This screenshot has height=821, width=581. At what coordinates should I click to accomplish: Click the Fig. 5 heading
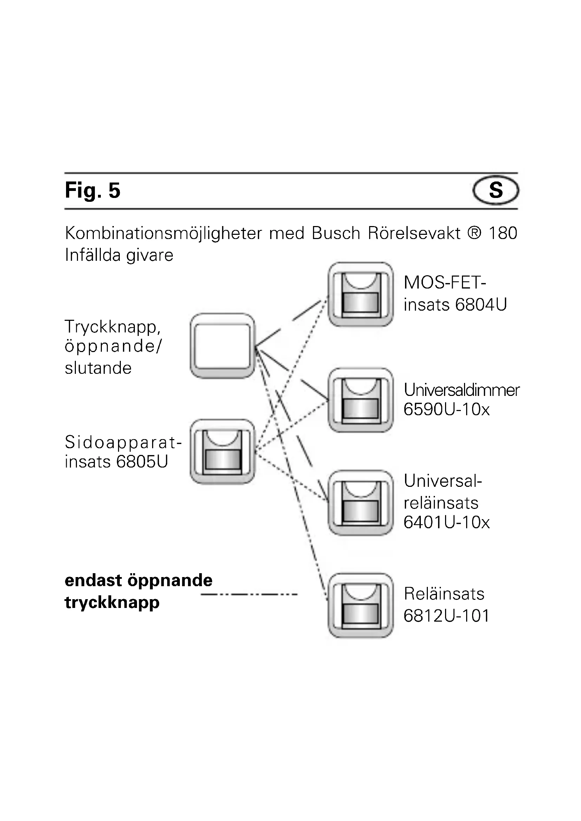[92, 190]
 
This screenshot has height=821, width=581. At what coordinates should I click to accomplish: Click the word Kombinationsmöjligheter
[163, 233]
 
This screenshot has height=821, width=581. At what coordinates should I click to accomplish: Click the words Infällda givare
[119, 255]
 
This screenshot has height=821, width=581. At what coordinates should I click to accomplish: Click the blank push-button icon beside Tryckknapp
[222, 346]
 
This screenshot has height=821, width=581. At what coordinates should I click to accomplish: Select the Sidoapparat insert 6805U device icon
[222, 452]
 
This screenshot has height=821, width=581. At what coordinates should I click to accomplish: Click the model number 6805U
[142, 462]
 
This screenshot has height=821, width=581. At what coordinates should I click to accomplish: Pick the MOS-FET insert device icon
[361, 294]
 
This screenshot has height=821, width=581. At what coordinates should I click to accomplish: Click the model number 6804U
[481, 305]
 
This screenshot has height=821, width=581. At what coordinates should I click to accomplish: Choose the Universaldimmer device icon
[361, 400]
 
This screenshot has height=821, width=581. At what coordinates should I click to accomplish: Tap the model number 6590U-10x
[446, 409]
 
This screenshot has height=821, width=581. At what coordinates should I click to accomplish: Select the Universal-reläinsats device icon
[361, 503]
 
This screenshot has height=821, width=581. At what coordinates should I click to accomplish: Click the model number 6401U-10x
[446, 522]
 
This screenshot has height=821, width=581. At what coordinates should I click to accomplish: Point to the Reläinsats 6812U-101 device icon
[361, 605]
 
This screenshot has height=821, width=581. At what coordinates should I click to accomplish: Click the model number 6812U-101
[446, 616]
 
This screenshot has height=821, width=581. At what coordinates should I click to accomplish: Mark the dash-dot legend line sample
[249, 594]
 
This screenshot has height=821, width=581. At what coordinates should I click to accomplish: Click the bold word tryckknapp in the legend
[112, 603]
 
